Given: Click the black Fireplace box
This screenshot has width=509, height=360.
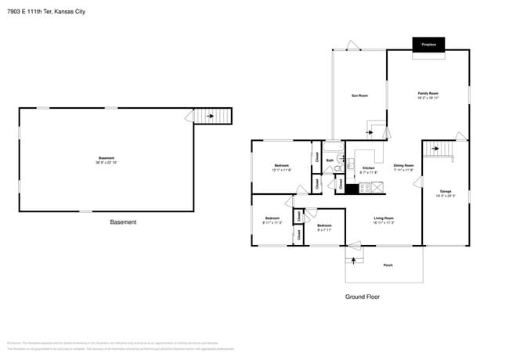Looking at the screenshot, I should pos(428,45).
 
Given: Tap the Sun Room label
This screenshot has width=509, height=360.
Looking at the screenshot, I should pos(359,95).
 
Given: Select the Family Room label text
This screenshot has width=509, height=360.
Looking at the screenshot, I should pos(428,95).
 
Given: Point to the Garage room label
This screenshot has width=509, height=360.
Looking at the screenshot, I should pos(446,192).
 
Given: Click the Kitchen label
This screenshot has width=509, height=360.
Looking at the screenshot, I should pos(368,168).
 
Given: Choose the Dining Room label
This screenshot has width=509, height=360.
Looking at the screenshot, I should pos(403,166).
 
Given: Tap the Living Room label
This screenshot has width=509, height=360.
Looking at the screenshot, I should pos(383,219).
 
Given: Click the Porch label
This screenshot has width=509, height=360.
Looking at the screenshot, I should pos(388,265).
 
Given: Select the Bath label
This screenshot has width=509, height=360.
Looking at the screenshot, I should pos(330,160).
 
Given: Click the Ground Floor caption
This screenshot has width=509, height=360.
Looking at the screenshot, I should pos(363,297).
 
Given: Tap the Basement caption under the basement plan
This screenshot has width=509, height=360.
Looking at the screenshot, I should pos(123,222).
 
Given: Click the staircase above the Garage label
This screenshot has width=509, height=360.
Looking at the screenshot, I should pos(439,148).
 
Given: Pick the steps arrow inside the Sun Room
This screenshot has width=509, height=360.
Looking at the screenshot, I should pos(375,128).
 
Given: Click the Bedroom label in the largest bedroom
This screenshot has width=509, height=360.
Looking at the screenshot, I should pos(281,167).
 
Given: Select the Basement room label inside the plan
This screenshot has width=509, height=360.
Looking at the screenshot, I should pos(106,159).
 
